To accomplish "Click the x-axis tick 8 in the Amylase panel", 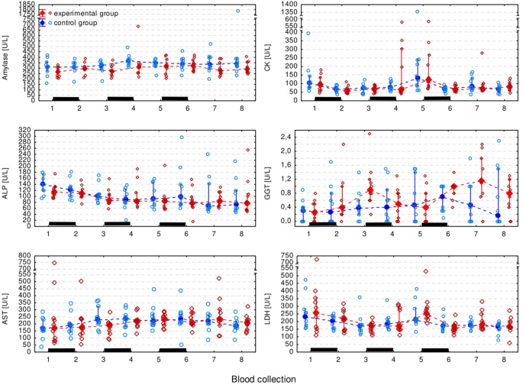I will [x=237, y=108].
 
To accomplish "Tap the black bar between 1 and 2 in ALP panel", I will [x=63, y=224].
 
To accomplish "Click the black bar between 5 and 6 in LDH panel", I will [x=434, y=349].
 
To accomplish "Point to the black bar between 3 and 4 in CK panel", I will [x=382, y=99].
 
